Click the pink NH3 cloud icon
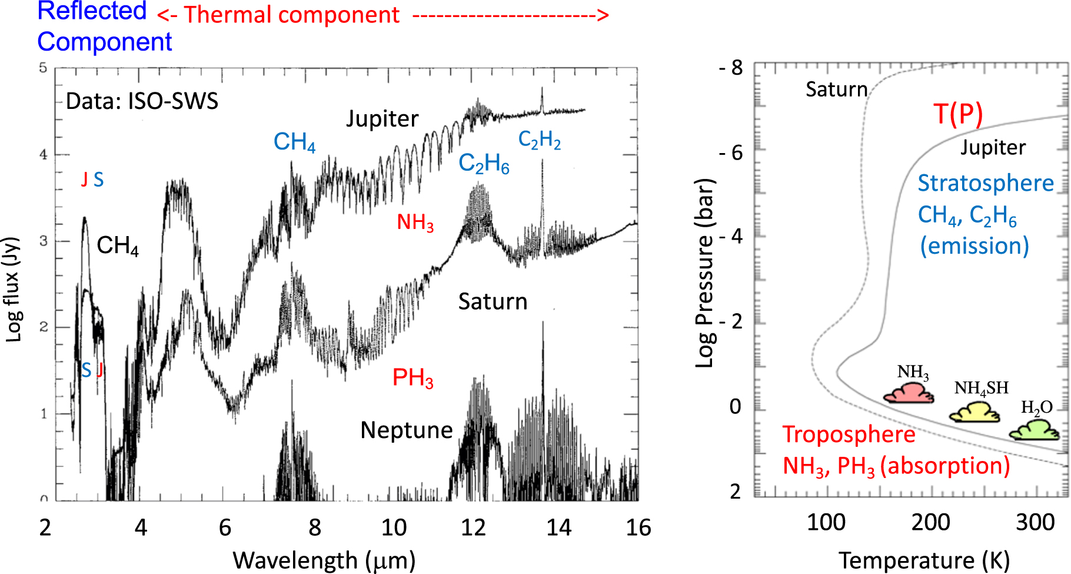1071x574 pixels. (909, 393)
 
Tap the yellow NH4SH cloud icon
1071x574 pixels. (974, 412)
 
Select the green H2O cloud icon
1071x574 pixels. (1035, 430)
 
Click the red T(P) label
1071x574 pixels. (958, 114)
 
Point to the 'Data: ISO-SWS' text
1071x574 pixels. (142, 101)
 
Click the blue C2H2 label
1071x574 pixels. (540, 140)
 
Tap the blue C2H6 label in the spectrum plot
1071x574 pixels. (484, 164)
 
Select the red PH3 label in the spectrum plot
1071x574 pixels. (413, 378)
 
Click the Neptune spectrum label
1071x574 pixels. (407, 430)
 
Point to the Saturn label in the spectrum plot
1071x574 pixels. (493, 301)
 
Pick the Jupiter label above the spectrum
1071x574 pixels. (382, 119)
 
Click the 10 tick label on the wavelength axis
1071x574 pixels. (394, 527)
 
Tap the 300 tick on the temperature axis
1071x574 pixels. (1035, 522)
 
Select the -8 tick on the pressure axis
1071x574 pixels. (731, 68)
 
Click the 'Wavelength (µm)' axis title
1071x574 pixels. (324, 560)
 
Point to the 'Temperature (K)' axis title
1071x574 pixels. (924, 560)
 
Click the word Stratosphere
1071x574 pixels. (986, 183)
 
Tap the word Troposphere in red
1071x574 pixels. (849, 434)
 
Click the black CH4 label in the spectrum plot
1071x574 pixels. (118, 245)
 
